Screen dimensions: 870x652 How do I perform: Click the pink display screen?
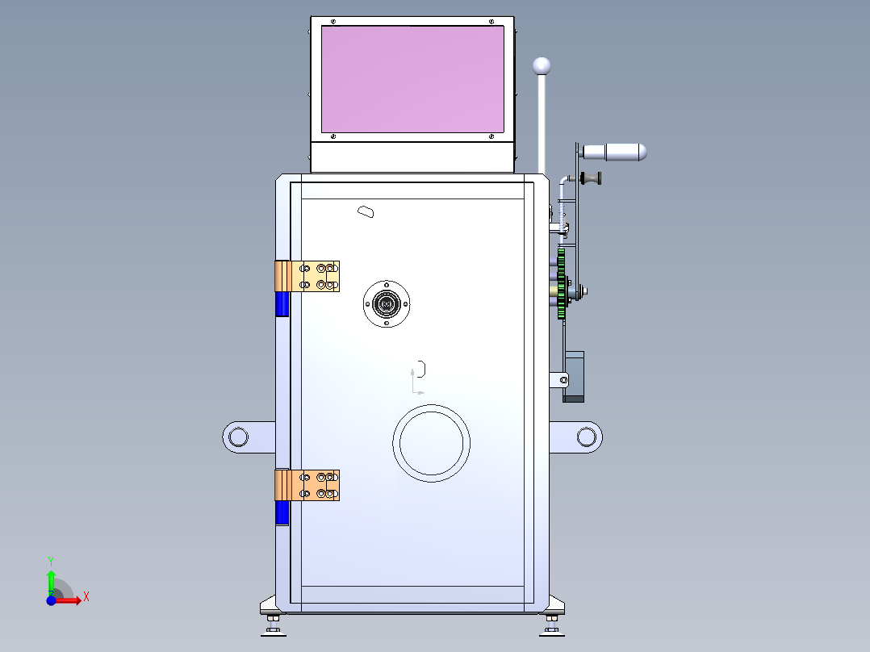(x=413, y=79)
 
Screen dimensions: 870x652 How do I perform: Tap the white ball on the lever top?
(x=542, y=66)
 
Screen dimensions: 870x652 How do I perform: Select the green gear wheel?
(x=561, y=283)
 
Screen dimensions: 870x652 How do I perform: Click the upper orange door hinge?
(x=307, y=276)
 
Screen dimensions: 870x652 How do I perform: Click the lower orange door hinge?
(x=307, y=485)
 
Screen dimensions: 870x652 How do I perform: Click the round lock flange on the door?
(x=387, y=303)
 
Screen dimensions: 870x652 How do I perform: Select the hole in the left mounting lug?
(x=239, y=437)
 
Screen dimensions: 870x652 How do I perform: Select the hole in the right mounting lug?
(x=587, y=437)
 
